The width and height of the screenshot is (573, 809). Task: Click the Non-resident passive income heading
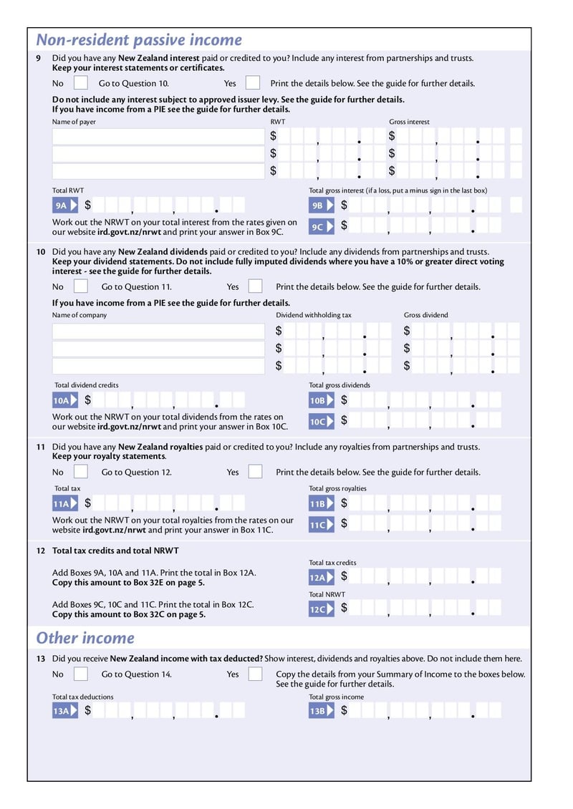pos(139,40)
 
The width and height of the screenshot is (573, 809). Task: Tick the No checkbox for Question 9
pos(81,83)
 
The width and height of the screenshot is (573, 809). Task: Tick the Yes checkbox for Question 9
pos(253,83)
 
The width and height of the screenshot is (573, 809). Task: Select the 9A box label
pos(64,206)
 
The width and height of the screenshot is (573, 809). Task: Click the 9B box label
pos(321,206)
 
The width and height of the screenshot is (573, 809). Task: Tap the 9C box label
pos(321,227)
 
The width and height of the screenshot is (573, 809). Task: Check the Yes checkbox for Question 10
pos(255,286)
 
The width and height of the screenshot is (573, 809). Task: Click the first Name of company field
pos(158,331)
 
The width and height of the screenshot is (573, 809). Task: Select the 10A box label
pos(64,401)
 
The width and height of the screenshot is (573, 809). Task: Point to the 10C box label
pos(321,422)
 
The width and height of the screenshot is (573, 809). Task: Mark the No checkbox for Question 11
pos(81,472)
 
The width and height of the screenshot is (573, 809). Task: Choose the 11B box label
pos(321,505)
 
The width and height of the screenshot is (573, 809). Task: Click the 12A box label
pos(321,577)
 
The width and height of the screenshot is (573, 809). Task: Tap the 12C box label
pos(321,609)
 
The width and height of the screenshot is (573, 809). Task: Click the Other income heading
pos(85,638)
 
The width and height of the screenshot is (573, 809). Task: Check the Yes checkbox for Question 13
pos(255,674)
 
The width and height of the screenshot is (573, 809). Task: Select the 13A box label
pos(64,711)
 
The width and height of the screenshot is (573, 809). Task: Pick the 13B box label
pos(321,711)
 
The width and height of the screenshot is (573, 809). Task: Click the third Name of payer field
pos(158,171)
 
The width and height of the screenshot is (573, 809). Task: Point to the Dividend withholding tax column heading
pos(314,315)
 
